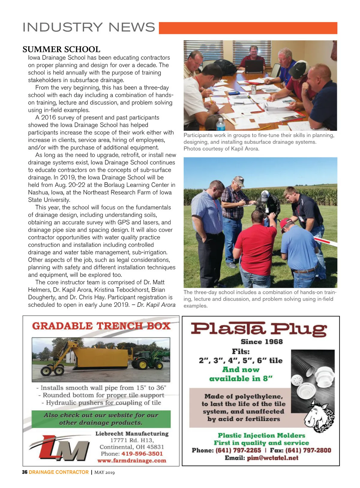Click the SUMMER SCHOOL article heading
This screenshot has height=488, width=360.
pyautogui.click(x=61, y=49)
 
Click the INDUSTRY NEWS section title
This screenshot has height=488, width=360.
pyautogui.click(x=89, y=27)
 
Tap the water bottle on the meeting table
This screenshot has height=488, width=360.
pyautogui.click(x=220, y=124)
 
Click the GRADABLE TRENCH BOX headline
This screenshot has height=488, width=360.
pyautogui.click(x=101, y=326)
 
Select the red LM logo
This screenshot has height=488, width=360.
pyautogui.click(x=60, y=448)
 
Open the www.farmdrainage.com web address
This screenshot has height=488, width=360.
pyautogui.click(x=131, y=461)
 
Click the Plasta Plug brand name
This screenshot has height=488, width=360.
pyautogui.click(x=259, y=329)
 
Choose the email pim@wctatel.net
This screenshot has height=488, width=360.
pyautogui.click(x=272, y=458)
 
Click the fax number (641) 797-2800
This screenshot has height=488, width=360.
pyautogui.click(x=308, y=451)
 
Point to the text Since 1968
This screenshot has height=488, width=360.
pyautogui.click(x=262, y=342)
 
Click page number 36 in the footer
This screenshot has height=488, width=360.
pyautogui.click(x=25, y=472)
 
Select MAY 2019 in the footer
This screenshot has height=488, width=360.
pyautogui.click(x=104, y=472)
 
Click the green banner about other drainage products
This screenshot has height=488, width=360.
pyautogui.click(x=101, y=419)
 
